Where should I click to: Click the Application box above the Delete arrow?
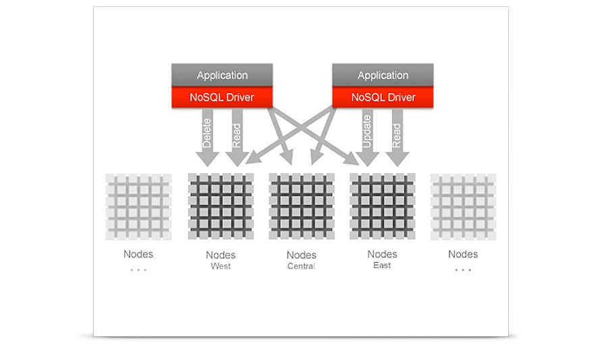click(222, 75)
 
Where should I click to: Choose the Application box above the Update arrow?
click(383, 75)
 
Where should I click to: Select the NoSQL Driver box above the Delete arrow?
click(222, 97)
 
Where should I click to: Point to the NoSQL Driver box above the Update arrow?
click(383, 97)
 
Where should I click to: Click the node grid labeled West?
click(221, 207)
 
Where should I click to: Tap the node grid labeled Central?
click(301, 207)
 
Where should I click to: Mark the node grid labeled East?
click(382, 207)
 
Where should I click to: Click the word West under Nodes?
click(221, 266)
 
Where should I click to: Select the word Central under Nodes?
click(301, 266)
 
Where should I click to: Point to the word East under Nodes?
click(382, 265)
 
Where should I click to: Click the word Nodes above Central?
click(301, 255)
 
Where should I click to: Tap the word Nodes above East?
click(382, 254)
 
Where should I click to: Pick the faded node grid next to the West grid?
click(138, 207)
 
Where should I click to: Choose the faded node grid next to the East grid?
click(463, 207)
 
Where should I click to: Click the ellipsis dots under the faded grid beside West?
click(138, 269)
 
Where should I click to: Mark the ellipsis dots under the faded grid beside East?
click(463, 269)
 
